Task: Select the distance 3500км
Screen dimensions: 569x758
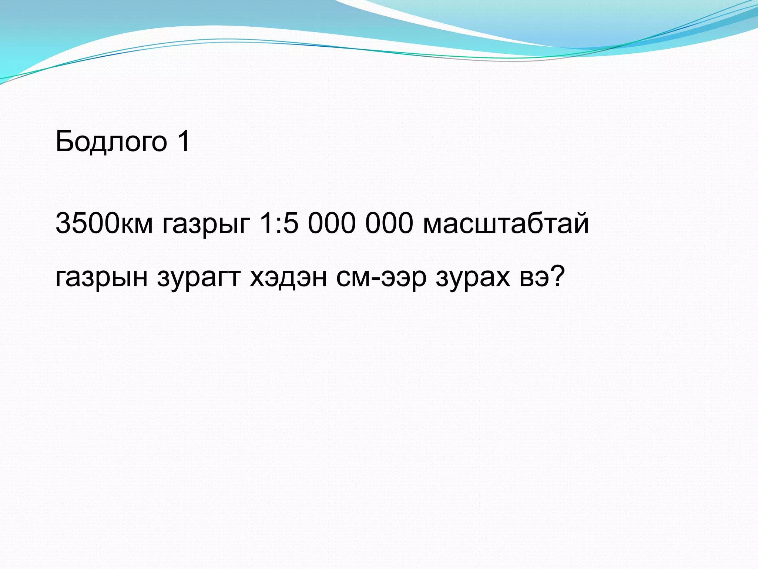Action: click(104, 224)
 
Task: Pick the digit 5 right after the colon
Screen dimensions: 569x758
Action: click(291, 224)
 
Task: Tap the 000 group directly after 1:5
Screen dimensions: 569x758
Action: click(332, 224)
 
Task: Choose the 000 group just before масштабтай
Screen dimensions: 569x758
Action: click(389, 224)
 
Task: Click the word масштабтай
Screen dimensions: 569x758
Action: click(506, 224)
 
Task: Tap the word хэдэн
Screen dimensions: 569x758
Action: click(288, 277)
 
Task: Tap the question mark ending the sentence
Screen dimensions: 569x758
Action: click(557, 276)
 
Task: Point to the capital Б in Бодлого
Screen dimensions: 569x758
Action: click(65, 141)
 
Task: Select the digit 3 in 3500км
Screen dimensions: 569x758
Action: click(63, 224)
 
